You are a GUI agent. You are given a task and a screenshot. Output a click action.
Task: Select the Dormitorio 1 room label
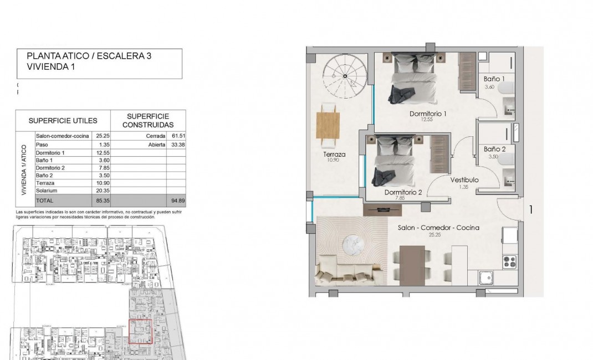[x=427, y=114]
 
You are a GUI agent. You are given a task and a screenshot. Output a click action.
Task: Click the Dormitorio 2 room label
[x=403, y=193]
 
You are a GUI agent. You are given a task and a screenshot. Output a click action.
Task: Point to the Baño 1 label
[x=494, y=79]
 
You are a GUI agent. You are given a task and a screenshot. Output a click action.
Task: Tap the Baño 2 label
[x=494, y=149]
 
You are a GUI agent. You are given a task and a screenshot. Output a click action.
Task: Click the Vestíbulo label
[x=464, y=180]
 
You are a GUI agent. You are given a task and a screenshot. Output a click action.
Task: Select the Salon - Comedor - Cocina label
[x=438, y=228]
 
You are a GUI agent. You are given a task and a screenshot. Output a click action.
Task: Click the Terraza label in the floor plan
[x=334, y=155]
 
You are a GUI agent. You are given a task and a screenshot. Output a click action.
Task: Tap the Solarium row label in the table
[x=47, y=190]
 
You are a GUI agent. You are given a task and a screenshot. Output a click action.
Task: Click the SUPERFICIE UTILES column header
[x=63, y=120]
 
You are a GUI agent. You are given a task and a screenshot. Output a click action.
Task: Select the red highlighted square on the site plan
[x=140, y=332]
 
